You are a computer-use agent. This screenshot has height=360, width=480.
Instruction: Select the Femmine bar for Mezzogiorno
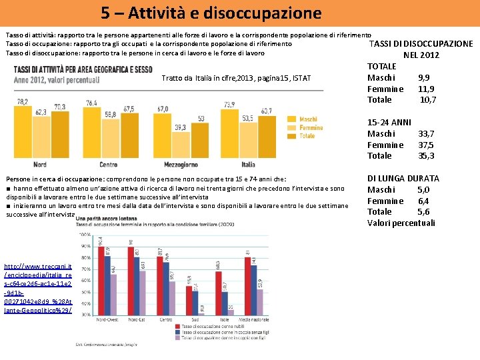pos(180,144)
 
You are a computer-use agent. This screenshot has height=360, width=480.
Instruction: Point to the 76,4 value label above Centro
pos(92,103)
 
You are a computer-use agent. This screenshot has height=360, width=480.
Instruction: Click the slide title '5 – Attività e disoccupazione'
pos(211,13)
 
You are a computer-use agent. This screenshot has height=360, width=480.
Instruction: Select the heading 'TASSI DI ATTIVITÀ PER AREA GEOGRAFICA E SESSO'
pos(83,69)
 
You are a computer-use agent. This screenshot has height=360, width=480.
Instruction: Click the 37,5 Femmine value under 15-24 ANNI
pos(426,145)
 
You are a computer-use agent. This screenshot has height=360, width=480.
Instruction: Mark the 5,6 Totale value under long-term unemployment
pos(423,212)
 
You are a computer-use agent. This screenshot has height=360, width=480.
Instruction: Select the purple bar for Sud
pos(202,309)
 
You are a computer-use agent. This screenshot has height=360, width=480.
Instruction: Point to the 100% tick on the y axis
pos(85,235)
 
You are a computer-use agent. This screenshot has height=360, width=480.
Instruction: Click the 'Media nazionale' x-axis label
pos(253,319)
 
